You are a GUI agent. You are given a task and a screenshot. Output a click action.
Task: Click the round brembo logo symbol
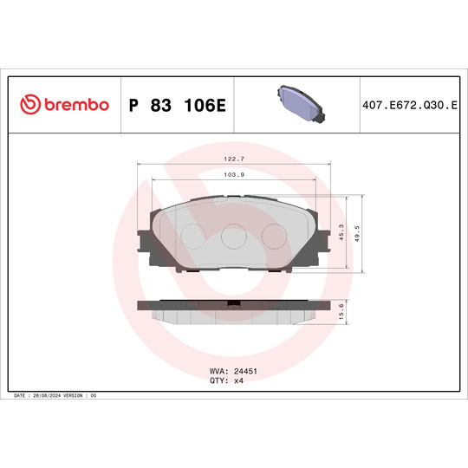click(29, 105)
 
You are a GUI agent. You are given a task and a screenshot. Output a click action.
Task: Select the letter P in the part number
click(133, 105)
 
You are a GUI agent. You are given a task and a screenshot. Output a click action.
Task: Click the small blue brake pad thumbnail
click(298, 103)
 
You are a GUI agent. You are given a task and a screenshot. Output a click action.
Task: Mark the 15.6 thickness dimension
click(342, 312)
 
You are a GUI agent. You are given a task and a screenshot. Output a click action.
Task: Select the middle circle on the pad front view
click(234, 237)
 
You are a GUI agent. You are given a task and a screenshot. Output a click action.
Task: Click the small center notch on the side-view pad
click(234, 303)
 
